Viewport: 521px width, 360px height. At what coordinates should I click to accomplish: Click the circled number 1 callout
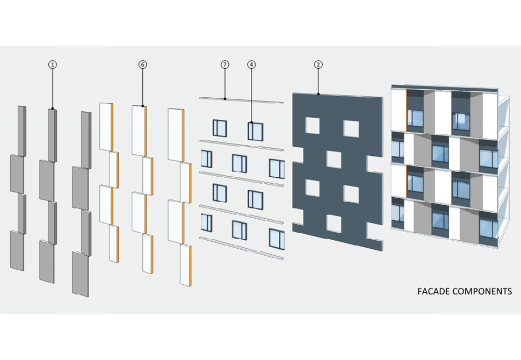coord(52,64)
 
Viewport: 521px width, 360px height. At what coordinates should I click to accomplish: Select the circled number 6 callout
coord(142,64)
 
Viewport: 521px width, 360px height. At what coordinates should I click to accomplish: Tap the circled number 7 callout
coord(225,64)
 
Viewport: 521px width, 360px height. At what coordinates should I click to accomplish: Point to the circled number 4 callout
coord(251,64)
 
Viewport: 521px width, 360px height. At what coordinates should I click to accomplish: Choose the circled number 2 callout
coord(318,64)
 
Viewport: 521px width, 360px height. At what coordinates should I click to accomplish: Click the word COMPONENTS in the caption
coord(483,292)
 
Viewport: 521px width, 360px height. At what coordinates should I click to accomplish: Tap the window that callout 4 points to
coord(255,131)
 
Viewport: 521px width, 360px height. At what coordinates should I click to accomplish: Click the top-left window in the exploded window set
coord(220,128)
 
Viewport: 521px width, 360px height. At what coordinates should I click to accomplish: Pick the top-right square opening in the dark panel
coord(351,128)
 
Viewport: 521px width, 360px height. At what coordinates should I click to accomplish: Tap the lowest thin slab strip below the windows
coord(241,248)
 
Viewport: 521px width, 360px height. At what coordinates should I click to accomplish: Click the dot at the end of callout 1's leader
coord(52,110)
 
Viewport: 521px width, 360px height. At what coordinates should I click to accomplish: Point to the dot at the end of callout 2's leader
coord(318,95)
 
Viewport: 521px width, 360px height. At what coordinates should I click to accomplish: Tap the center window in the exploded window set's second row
coord(240,163)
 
